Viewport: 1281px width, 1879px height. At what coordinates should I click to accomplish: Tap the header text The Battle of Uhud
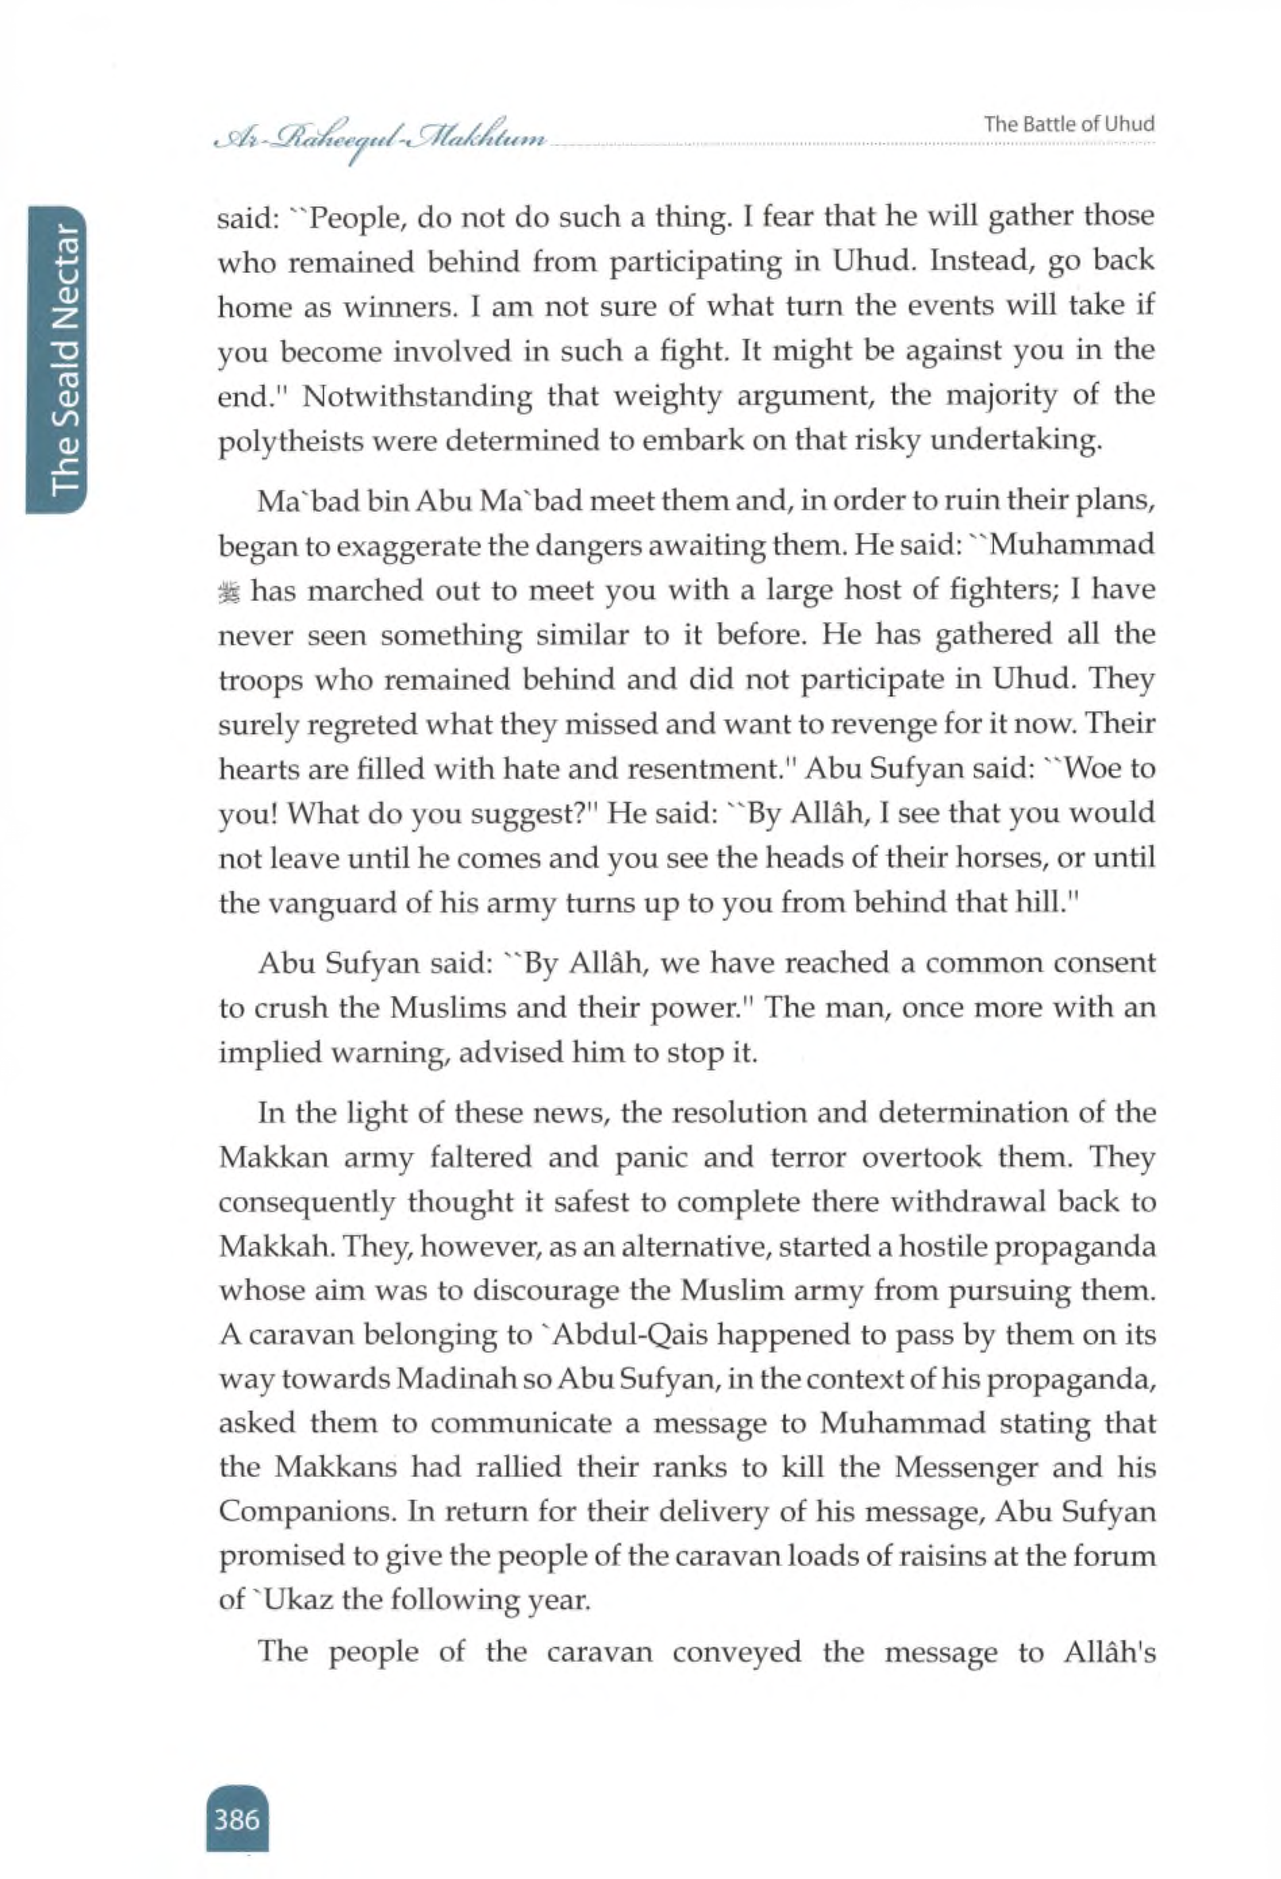1068,124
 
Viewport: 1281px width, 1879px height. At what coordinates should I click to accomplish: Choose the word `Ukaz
290,1600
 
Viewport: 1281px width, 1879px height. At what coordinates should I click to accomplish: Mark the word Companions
307,1510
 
